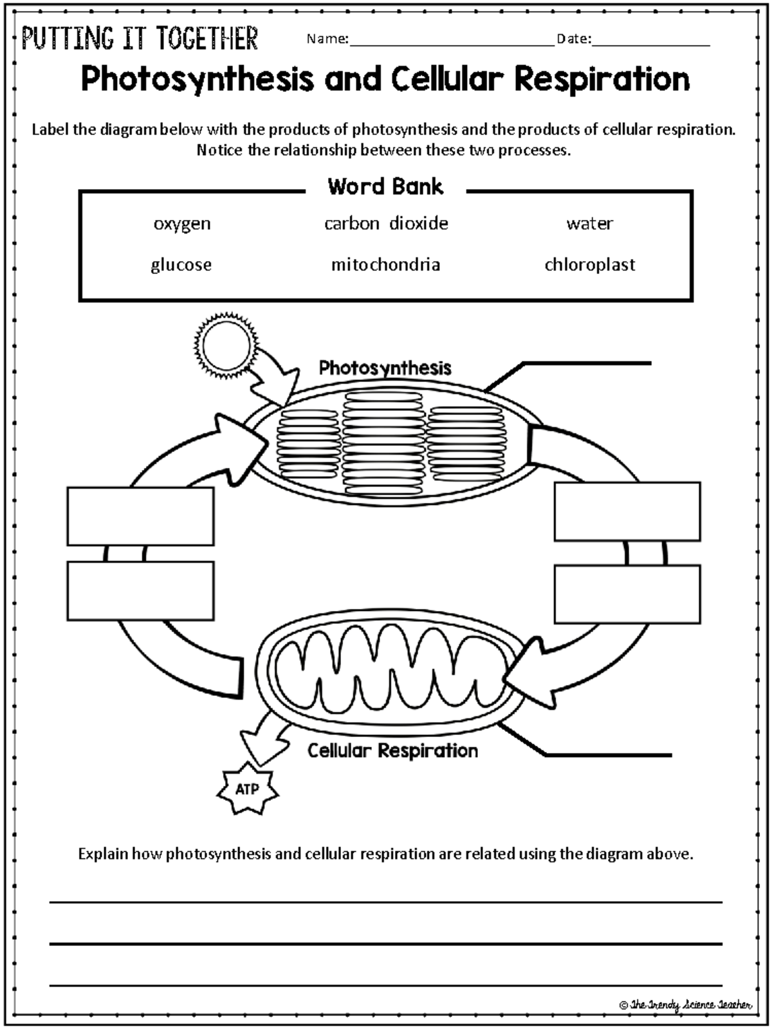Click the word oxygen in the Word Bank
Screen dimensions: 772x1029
click(x=182, y=224)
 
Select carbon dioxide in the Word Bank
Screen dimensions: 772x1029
click(x=386, y=223)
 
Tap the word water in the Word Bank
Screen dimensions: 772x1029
click(x=589, y=223)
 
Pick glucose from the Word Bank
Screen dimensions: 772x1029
click(x=181, y=265)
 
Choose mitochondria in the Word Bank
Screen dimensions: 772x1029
click(x=385, y=264)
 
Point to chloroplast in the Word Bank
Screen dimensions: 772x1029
click(x=589, y=264)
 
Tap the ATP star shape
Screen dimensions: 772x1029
click(x=247, y=789)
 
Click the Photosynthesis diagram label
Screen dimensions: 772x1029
click(x=385, y=368)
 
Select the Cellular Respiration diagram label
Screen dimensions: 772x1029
click(x=392, y=751)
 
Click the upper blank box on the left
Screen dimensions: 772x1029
click(x=140, y=516)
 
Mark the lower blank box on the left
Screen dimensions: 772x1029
click(x=140, y=591)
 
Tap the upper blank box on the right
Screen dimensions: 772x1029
click(x=627, y=511)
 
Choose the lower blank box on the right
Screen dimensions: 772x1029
click(x=627, y=594)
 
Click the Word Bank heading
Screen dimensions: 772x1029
click(x=385, y=187)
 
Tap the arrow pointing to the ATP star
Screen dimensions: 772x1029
click(x=262, y=740)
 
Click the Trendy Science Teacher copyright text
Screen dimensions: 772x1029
click(x=685, y=1005)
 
